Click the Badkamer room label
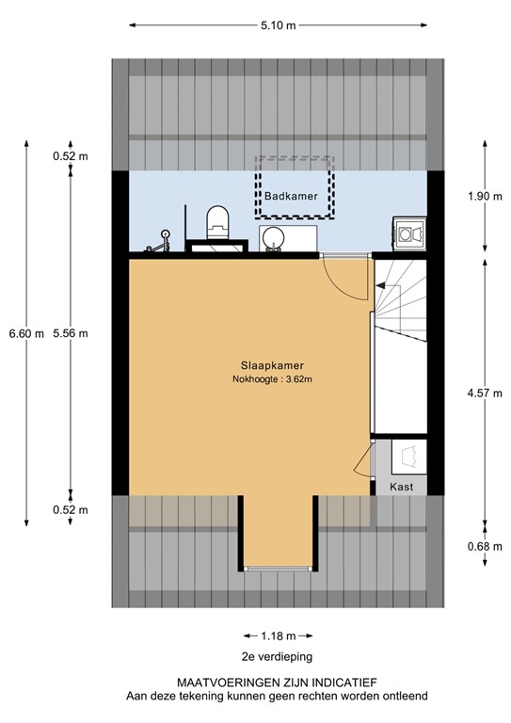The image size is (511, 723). click(x=290, y=197)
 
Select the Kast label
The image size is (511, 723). click(x=403, y=487)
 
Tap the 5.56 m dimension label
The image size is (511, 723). click(x=71, y=333)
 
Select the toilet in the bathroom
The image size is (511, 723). click(x=217, y=223)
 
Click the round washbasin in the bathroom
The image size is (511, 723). click(x=273, y=237)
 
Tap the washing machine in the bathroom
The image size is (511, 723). click(x=409, y=232)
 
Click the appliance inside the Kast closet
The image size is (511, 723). click(x=410, y=457)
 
